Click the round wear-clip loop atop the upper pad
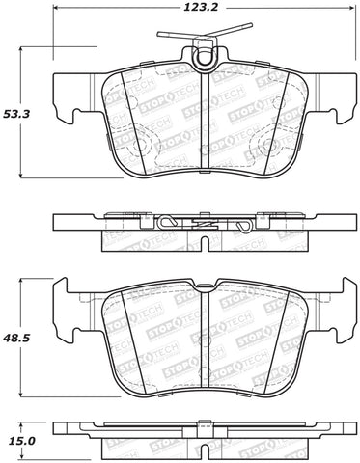tap(204, 60)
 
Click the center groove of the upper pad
tap(209, 121)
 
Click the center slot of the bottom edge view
tap(207, 427)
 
